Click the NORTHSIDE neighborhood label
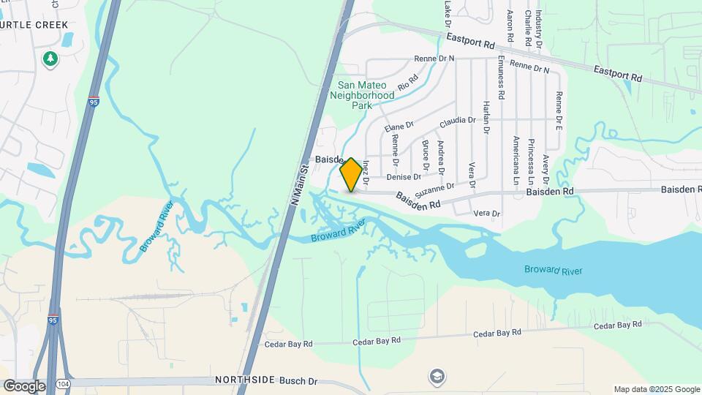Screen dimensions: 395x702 (x=245, y=380)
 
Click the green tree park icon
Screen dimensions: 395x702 (x=50, y=58)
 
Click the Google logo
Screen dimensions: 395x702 (x=24, y=385)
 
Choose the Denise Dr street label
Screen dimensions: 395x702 (x=404, y=177)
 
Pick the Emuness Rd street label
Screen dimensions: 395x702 (x=501, y=77)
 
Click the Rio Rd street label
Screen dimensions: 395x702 (x=407, y=82)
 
